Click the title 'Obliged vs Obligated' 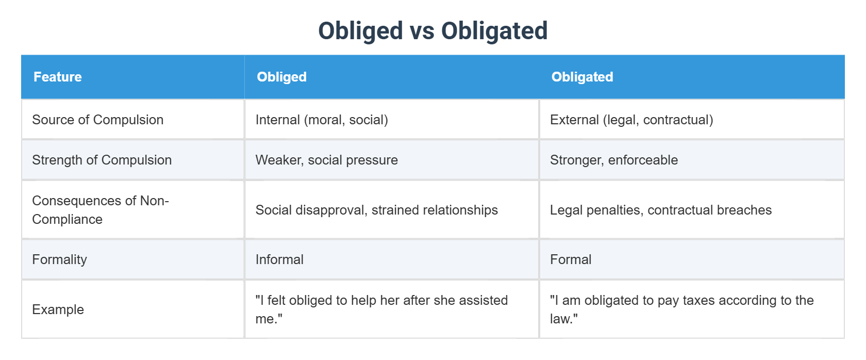432,31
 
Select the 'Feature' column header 58,77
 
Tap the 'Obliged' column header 281,77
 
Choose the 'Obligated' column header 582,77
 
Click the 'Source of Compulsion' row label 98,120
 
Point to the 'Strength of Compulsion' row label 102,160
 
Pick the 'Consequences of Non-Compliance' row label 101,210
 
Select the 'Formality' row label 60,259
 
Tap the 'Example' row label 58,310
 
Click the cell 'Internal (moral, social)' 322,120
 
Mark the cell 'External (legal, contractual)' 632,120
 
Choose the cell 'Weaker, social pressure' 327,160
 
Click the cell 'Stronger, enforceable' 614,160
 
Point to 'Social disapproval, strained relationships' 376,210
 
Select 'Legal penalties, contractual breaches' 661,210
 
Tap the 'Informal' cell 279,259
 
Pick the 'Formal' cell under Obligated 571,259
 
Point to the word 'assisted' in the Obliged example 484,301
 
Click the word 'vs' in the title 422,31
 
